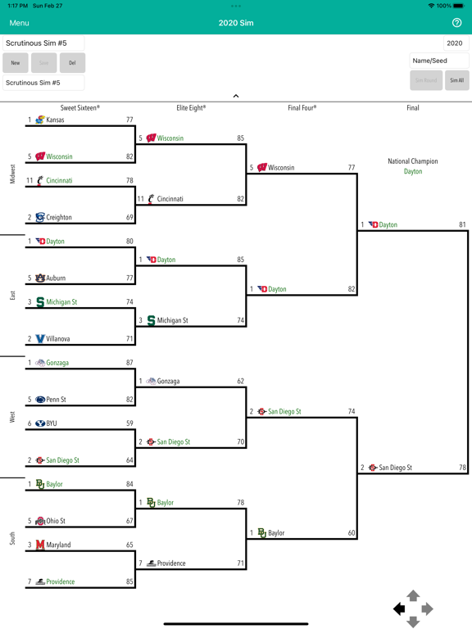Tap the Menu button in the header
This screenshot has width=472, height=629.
click(x=20, y=23)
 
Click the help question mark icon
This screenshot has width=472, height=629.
click(x=456, y=23)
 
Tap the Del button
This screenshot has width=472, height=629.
click(x=72, y=62)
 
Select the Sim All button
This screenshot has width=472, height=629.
click(x=456, y=80)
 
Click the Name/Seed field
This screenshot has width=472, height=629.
click(x=438, y=61)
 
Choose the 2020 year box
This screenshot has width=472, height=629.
click(x=456, y=43)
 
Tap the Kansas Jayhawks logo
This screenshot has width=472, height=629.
click(x=39, y=120)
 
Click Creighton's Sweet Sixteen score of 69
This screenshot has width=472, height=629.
click(x=129, y=217)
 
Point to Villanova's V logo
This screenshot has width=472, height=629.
click(x=40, y=339)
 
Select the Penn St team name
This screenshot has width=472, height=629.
click(x=56, y=400)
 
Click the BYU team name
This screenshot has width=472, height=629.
click(x=52, y=423)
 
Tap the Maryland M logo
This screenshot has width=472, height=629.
click(x=40, y=545)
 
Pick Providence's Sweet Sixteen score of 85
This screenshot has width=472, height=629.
click(x=129, y=581)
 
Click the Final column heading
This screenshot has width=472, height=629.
click(x=413, y=108)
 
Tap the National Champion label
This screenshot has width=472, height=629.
click(x=413, y=161)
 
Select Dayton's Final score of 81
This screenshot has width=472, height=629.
click(x=462, y=224)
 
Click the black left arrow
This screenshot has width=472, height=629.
click(x=399, y=609)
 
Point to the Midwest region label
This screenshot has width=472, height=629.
click(x=12, y=174)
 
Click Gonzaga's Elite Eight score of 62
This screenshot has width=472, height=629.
click(x=240, y=381)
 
